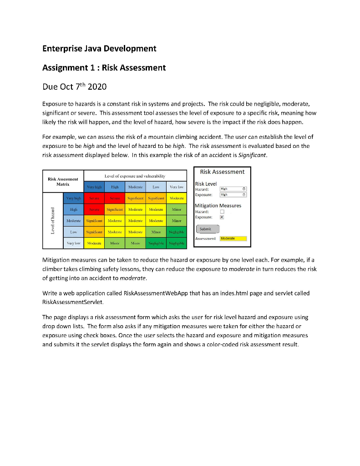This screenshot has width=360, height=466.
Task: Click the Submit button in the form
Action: click(x=207, y=229)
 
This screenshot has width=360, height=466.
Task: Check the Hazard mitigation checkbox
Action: click(x=222, y=212)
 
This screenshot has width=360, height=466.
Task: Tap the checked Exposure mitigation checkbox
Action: click(x=222, y=217)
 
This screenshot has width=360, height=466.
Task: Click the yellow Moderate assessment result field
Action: click(x=233, y=238)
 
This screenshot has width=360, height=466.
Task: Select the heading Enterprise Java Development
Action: click(x=99, y=48)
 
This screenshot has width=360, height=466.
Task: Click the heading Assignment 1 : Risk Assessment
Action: click(x=104, y=68)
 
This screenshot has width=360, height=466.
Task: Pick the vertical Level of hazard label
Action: click(x=54, y=220)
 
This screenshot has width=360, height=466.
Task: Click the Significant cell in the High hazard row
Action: click(x=115, y=209)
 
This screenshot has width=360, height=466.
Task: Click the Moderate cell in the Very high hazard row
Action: click(x=176, y=198)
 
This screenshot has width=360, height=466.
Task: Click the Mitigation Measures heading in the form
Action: click(x=218, y=206)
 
